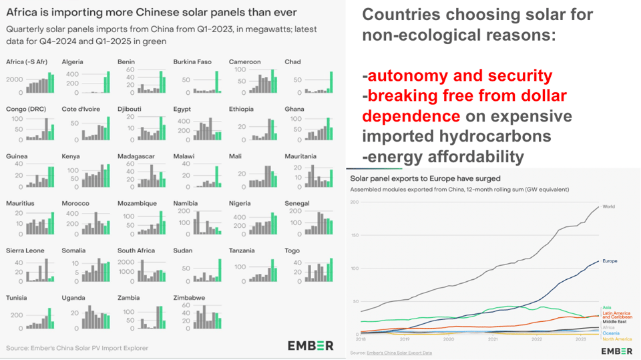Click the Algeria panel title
coord(72,62)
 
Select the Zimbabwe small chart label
coord(187,297)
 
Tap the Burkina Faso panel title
coord(192,62)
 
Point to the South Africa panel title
coord(136,250)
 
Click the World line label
coord(609,206)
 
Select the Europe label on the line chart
coord(610,260)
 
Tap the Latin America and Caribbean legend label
coord(617,315)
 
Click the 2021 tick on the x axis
coord(492,339)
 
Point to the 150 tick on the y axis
coord(355,235)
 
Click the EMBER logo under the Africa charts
coord(310,345)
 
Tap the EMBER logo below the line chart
coord(617,351)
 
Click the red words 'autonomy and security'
coord(460,75)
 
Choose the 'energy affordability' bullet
coord(445,157)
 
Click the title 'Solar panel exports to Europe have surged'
coord(425,178)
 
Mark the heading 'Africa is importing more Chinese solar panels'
coord(152,13)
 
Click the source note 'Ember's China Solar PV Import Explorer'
coord(77,348)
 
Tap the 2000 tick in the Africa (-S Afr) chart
coord(15,79)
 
